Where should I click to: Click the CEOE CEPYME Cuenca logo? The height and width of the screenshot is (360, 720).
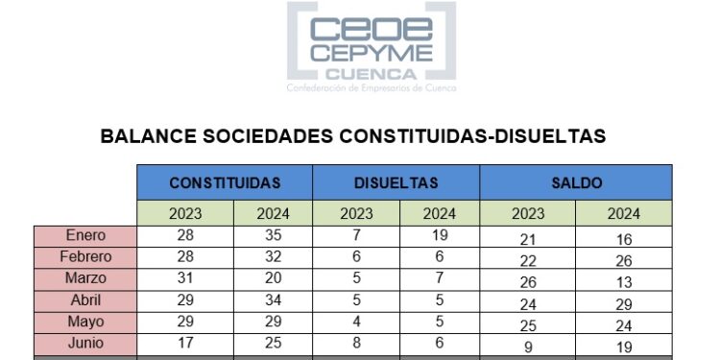tap(372, 48)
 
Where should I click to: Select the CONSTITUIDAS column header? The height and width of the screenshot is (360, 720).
tap(225, 182)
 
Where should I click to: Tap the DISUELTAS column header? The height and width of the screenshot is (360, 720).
tap(396, 182)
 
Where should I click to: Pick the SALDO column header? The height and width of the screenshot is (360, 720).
tap(576, 182)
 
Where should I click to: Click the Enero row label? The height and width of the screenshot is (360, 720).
tap(85, 235)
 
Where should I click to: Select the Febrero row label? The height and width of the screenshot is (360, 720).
tap(85, 257)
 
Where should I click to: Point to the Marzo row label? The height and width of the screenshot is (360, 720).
tap(85, 278)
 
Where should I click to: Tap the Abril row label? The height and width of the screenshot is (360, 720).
tap(85, 300)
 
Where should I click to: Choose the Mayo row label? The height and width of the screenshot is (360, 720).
tap(85, 322)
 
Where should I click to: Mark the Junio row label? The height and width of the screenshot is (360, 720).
tap(85, 343)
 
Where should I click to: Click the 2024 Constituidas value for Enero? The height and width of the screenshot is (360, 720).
tap(273, 235)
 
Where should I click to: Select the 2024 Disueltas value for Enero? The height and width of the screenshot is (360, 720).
tap(439, 235)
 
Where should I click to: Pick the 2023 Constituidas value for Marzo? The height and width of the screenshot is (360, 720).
tap(184, 278)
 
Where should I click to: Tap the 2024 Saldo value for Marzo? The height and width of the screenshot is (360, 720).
tap(623, 282)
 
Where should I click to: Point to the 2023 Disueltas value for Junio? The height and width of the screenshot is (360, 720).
tap(356, 343)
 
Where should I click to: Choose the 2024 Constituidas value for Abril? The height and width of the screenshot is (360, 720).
tap(273, 300)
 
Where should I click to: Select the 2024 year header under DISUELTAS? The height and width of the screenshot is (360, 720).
tap(439, 213)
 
